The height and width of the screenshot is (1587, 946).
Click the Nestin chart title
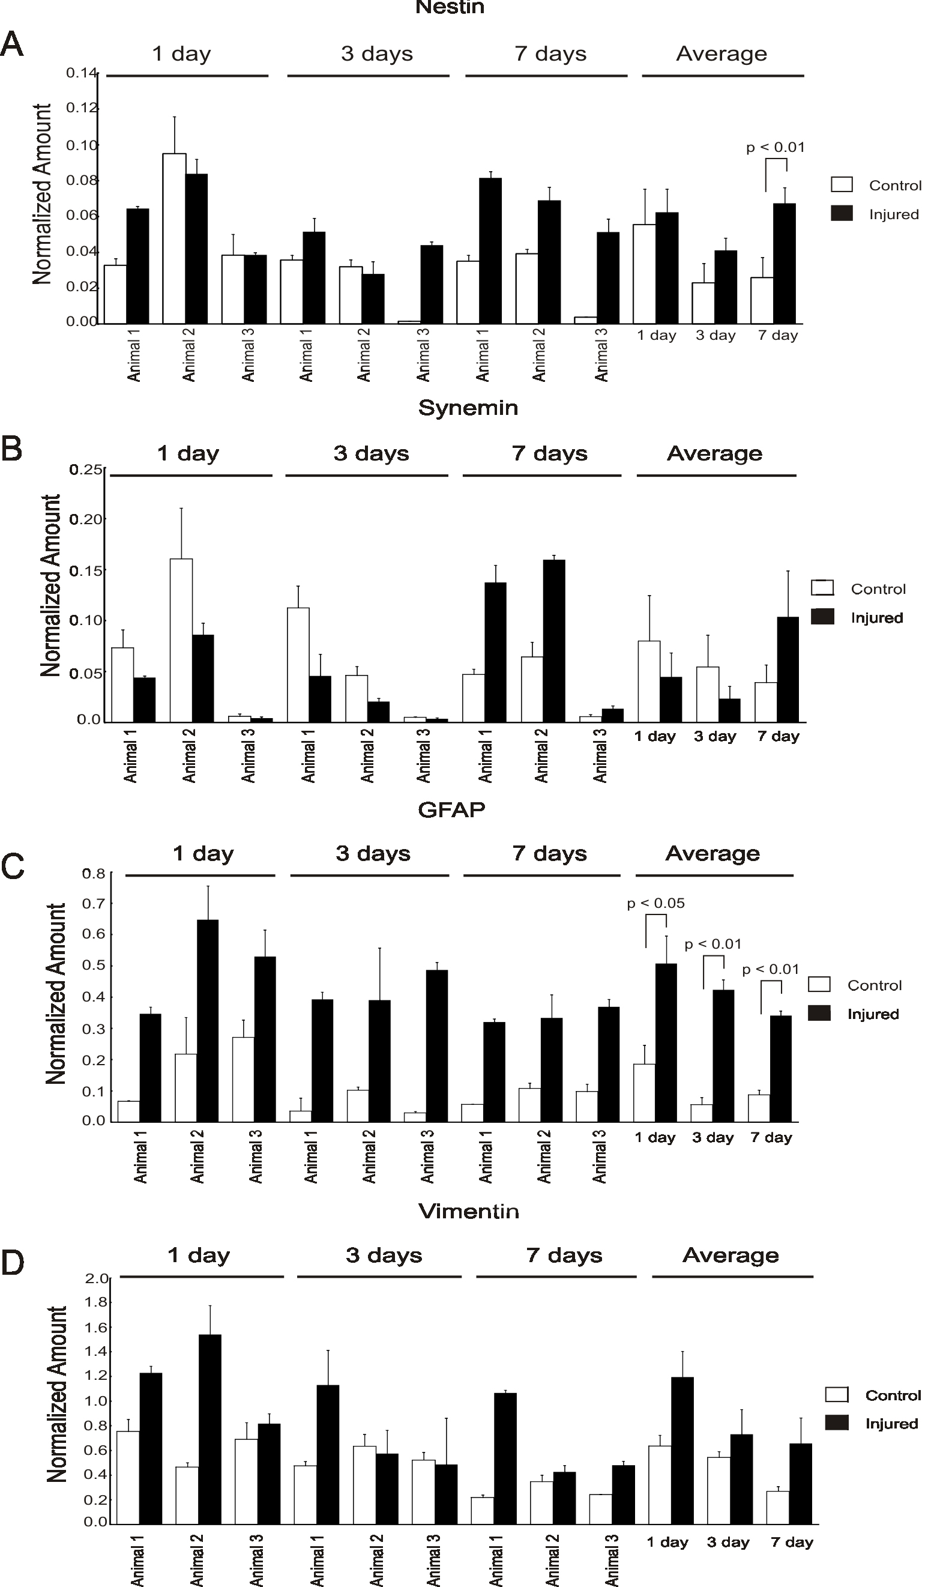pyautogui.click(x=450, y=8)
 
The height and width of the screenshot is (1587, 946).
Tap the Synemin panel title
pyautogui.click(x=468, y=408)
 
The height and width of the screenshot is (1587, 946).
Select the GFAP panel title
pyautogui.click(x=451, y=809)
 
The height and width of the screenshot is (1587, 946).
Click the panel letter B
pyautogui.click(x=11, y=449)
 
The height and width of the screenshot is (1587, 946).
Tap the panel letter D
pyautogui.click(x=13, y=1263)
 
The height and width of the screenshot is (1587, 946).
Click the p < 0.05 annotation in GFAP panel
pyautogui.click(x=655, y=903)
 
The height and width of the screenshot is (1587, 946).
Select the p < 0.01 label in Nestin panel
pyautogui.click(x=775, y=147)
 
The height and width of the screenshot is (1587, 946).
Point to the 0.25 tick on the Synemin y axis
pyautogui.click(x=86, y=470)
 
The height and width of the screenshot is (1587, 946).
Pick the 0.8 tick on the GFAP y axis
pyautogui.click(x=93, y=873)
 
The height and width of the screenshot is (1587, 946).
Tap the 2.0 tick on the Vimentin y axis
pyautogui.click(x=96, y=1278)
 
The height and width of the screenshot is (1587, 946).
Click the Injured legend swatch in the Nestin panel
pyautogui.click(x=842, y=214)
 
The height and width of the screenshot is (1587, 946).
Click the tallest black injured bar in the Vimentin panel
pyautogui.click(x=209, y=1428)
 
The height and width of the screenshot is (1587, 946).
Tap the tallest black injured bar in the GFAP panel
pyautogui.click(x=207, y=1020)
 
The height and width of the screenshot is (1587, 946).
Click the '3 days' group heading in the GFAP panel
pyautogui.click(x=373, y=853)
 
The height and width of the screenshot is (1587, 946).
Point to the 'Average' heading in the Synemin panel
pyautogui.click(x=714, y=453)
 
